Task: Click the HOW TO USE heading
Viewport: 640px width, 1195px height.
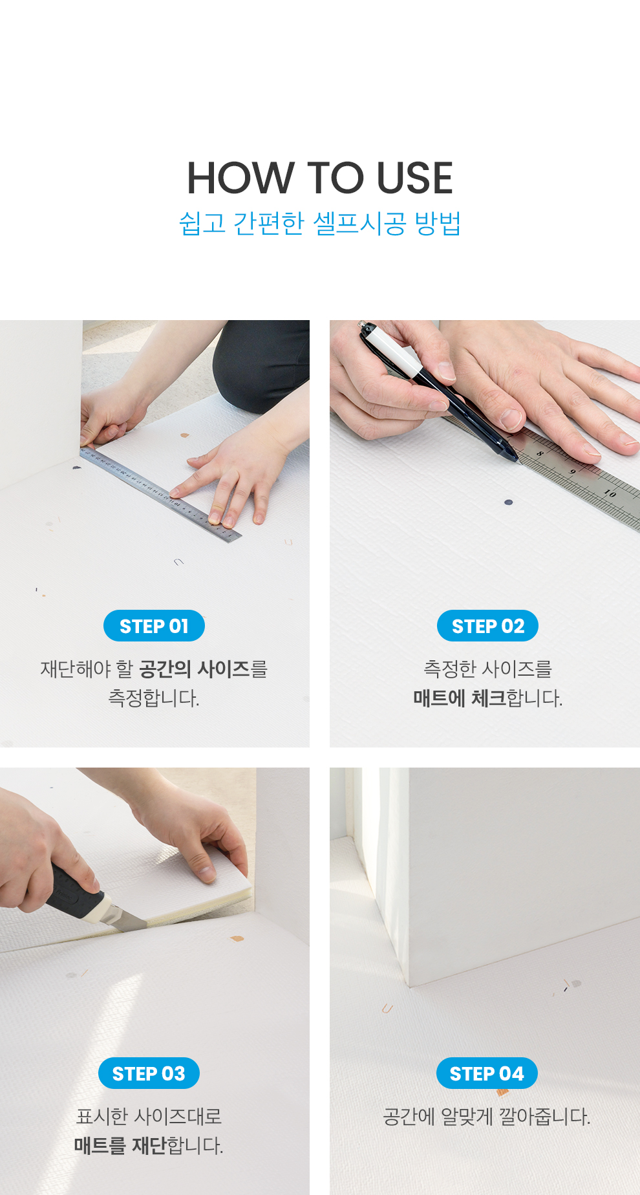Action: [x=320, y=178]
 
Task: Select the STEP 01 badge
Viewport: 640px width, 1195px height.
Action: [x=154, y=626]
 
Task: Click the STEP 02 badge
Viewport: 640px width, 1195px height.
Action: [x=487, y=626]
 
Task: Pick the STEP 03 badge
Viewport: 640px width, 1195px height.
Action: [x=149, y=1073]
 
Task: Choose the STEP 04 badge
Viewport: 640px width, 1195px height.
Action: [x=487, y=1073]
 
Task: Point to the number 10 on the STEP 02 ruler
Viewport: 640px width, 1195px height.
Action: [x=610, y=493]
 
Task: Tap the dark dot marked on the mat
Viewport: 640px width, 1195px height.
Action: [x=508, y=502]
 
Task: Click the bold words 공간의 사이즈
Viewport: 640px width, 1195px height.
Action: [x=195, y=669]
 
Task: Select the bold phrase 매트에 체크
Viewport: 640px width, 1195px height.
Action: [x=460, y=698]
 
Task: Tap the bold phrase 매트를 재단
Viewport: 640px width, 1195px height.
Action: [x=120, y=1146]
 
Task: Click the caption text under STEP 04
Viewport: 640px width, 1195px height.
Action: [x=487, y=1116]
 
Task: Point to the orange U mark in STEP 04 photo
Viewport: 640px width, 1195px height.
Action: [x=387, y=1008]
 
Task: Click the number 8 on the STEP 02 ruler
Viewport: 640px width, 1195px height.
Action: [x=539, y=454]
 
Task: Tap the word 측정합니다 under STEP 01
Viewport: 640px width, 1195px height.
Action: [x=154, y=698]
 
